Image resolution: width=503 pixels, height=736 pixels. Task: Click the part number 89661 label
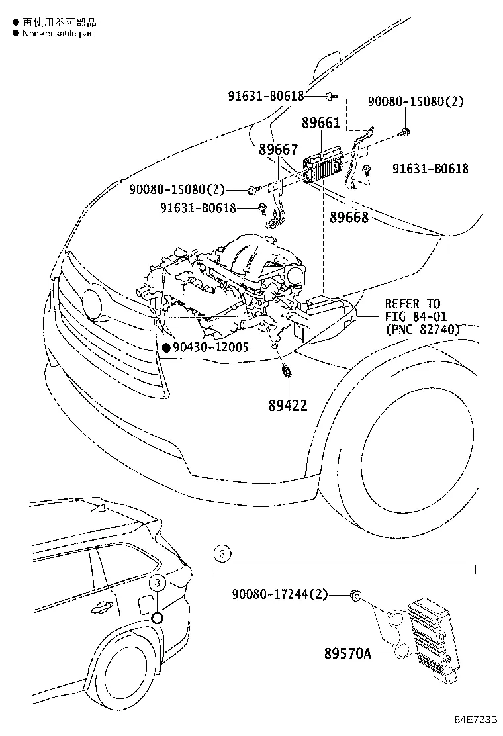tap(321, 123)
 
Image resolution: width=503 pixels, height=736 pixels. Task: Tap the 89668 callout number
tap(349, 216)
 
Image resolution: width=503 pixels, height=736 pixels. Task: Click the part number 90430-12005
tap(210, 346)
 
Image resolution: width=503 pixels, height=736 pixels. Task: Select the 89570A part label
tap(347, 654)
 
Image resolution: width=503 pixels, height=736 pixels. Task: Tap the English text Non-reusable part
tap(58, 33)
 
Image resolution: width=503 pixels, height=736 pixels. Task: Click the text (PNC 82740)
tap(422, 329)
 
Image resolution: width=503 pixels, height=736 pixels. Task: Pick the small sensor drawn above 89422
tap(287, 373)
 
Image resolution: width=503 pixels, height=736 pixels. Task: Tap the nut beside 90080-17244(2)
tap(355, 596)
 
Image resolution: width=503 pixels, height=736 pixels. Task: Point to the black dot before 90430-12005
tap(166, 347)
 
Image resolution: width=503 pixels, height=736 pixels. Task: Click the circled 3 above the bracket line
tap(223, 553)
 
